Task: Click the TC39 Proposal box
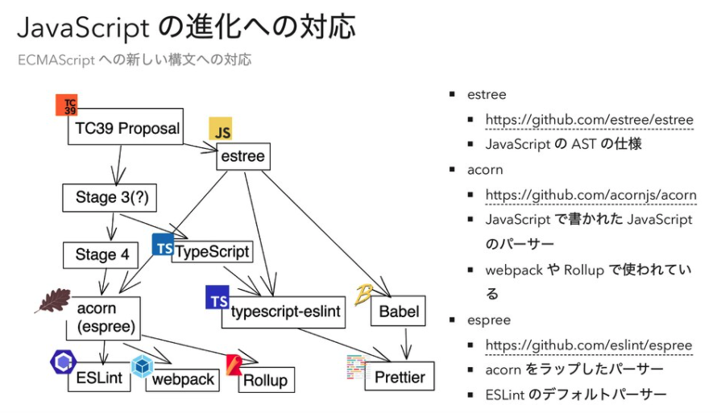127,129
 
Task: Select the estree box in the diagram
242,156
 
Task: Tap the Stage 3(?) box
110,197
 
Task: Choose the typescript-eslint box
284,311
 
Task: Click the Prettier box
399,376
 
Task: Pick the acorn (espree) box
106,318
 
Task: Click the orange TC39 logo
67,105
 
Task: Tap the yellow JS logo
221,130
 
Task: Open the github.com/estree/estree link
589,120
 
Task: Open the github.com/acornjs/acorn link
590,195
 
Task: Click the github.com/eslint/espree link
588,345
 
